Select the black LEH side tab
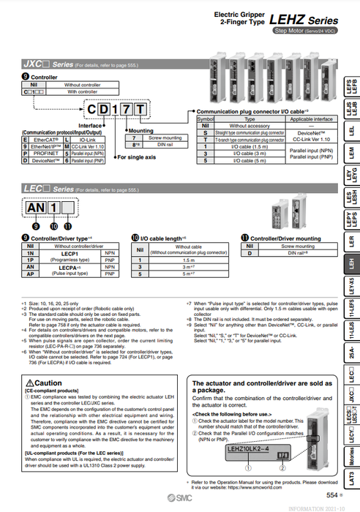pos(350,261)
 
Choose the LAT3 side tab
pos(350,480)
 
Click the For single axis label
pos(137,157)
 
